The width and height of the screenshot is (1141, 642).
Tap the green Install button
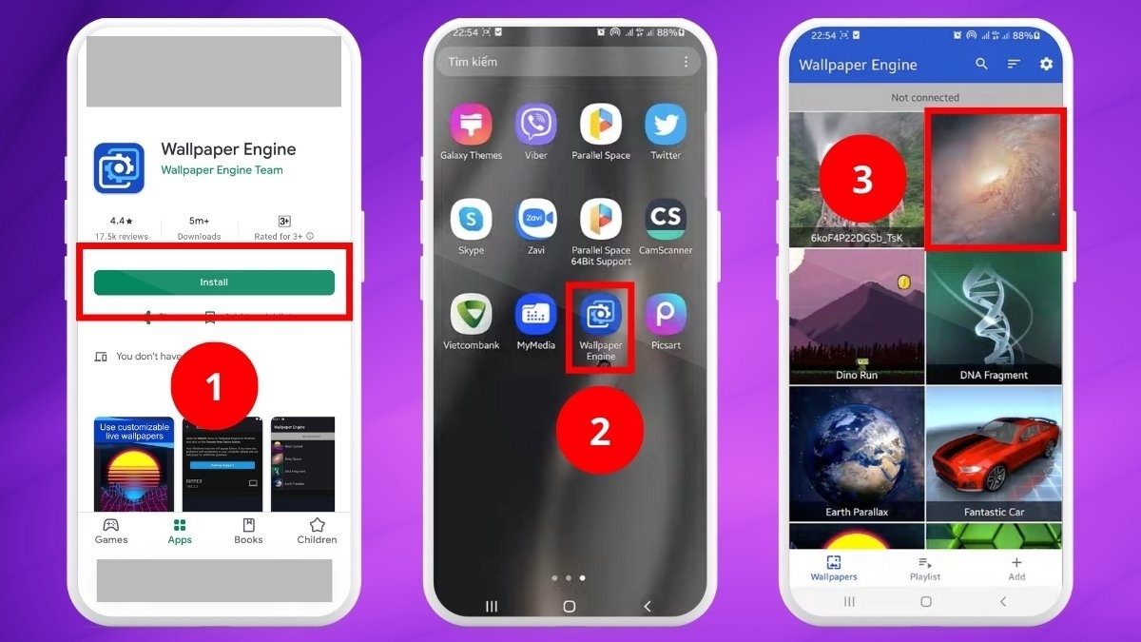[x=214, y=282]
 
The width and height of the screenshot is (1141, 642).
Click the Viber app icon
[x=536, y=125]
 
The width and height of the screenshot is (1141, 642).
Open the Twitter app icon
[x=666, y=125]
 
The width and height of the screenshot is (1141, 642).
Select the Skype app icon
[x=471, y=220]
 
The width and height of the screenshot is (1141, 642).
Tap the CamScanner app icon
[x=666, y=220]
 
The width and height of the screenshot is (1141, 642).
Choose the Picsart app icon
[x=666, y=314]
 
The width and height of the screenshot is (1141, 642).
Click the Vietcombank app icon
[x=471, y=314]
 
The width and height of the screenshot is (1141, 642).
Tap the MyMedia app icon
[x=536, y=314]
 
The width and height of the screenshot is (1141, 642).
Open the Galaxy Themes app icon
[x=471, y=125]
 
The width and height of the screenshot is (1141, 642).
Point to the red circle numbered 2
[x=600, y=431]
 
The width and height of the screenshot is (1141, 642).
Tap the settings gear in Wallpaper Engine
[x=1046, y=64]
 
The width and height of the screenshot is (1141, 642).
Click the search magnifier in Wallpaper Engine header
[x=981, y=64]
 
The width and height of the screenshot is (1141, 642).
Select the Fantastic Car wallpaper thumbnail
[x=994, y=453]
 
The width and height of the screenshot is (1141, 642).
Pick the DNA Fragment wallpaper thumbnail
[x=994, y=317]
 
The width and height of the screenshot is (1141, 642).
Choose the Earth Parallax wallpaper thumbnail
[x=857, y=453]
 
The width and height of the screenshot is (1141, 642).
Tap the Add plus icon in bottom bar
[x=1016, y=563]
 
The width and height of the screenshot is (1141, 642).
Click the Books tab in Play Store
[x=248, y=530]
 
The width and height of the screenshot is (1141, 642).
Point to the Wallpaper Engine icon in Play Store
[x=119, y=168]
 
